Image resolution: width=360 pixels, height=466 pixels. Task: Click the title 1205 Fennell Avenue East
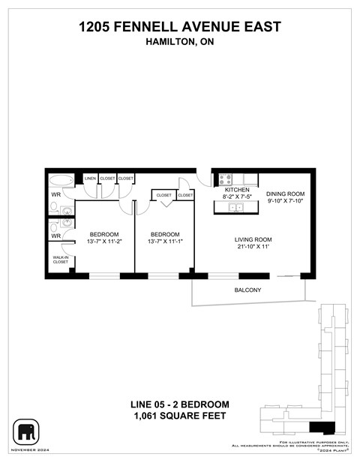pyautogui.click(x=180, y=28)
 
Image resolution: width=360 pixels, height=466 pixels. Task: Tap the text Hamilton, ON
pyautogui.click(x=180, y=43)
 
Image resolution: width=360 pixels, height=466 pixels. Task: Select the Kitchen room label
pyautogui.click(x=236, y=191)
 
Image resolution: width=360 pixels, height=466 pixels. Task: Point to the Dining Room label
pyautogui.click(x=285, y=194)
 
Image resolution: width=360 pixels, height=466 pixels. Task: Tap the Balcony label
pyautogui.click(x=247, y=290)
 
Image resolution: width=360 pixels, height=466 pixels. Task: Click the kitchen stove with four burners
pyautogui.click(x=225, y=179)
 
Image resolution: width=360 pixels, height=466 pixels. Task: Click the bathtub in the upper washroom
pyautogui.click(x=61, y=181)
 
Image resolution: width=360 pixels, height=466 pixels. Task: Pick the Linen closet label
pyautogui.click(x=91, y=179)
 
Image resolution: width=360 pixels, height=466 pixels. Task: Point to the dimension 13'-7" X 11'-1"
pyautogui.click(x=164, y=242)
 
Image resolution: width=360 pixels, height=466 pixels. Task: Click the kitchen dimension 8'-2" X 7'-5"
pyautogui.click(x=236, y=198)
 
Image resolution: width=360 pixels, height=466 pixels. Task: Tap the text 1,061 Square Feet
pyautogui.click(x=180, y=416)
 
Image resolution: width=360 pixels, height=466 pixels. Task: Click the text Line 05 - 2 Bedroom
pyautogui.click(x=180, y=405)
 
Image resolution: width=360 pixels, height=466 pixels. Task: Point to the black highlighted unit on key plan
pyautogui.click(x=322, y=428)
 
